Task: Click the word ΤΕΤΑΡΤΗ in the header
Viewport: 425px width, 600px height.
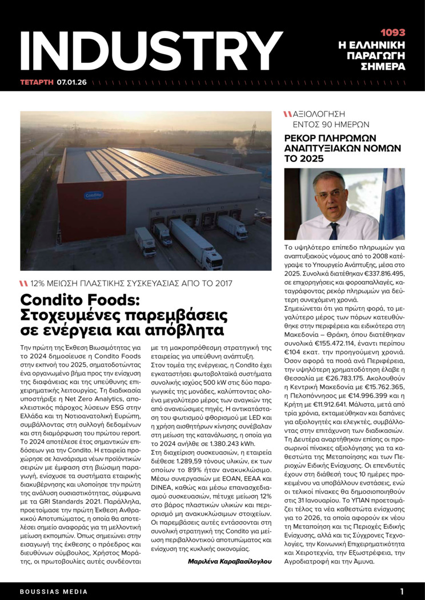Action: tap(37, 82)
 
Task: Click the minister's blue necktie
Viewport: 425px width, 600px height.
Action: tap(334, 230)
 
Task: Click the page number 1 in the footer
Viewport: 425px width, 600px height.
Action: tap(402, 591)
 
